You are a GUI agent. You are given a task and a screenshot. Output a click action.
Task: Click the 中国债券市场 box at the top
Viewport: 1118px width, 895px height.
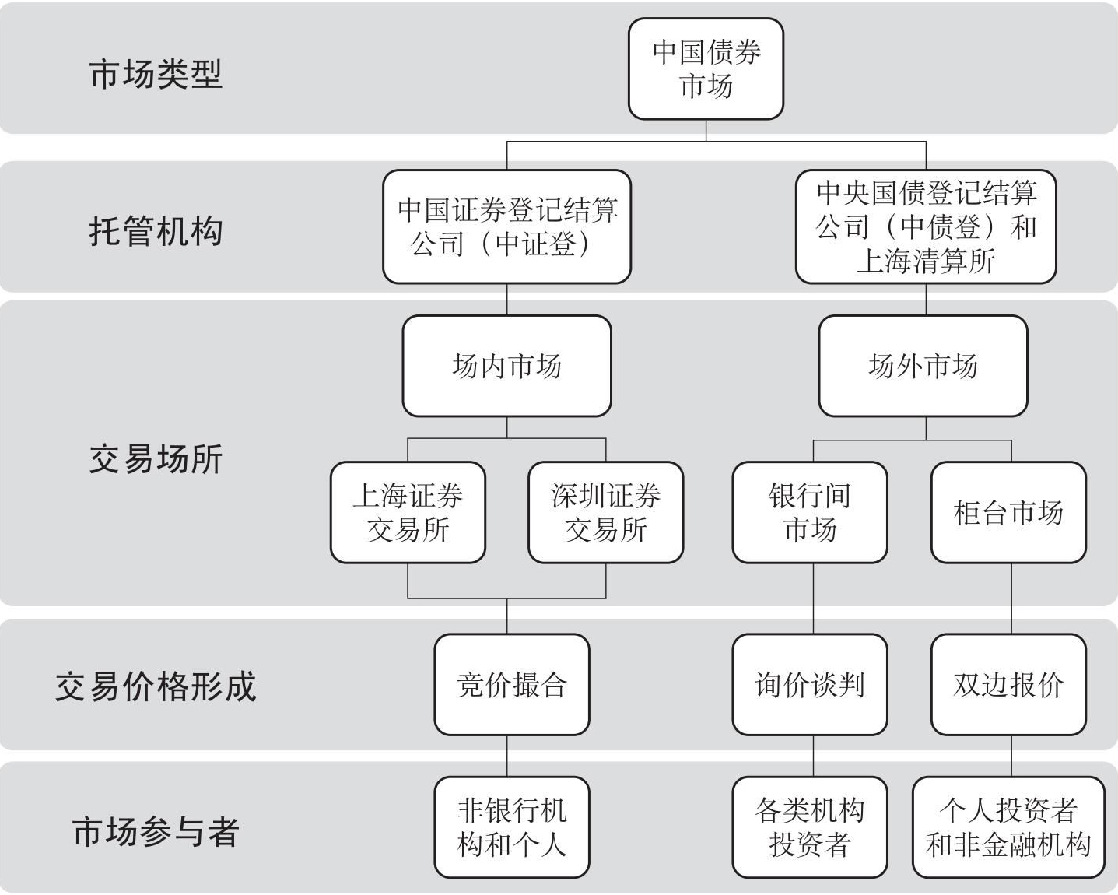(x=706, y=68)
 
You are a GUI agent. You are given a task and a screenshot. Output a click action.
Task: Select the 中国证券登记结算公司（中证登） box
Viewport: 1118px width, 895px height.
(x=507, y=226)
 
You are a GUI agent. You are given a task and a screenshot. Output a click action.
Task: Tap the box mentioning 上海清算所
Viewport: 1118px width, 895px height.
(x=926, y=226)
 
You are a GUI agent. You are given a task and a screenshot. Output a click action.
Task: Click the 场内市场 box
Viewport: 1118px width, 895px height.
(x=507, y=366)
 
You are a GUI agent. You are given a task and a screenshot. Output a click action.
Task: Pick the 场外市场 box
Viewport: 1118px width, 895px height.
(x=923, y=366)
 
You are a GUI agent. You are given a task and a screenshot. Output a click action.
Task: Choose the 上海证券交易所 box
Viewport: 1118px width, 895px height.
(x=408, y=512)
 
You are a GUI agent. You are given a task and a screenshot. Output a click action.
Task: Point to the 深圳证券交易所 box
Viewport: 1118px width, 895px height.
(x=606, y=512)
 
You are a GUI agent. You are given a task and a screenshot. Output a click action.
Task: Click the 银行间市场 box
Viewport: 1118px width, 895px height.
(x=810, y=512)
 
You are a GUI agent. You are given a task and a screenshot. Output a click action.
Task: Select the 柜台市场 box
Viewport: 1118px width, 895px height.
(x=1008, y=512)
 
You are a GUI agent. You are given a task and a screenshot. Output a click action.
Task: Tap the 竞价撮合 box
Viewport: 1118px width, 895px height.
(x=512, y=685)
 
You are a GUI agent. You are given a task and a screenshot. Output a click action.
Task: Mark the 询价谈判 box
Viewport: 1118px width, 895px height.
(x=810, y=685)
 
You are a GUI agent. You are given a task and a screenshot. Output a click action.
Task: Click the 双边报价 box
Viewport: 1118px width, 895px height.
(x=1008, y=685)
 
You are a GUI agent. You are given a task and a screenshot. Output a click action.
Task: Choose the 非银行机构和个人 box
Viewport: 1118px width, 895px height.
(x=512, y=827)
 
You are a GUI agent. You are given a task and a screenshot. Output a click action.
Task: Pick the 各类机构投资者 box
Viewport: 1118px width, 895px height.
(x=810, y=827)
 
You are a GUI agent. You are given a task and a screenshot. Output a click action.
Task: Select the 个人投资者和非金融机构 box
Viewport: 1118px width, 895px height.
(x=1008, y=827)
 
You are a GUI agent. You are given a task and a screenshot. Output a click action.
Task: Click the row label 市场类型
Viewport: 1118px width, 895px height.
(x=156, y=74)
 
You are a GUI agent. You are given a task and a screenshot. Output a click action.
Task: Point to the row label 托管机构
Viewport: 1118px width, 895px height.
(x=156, y=231)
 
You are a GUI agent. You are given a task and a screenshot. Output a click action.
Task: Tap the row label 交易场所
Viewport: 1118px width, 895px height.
(x=156, y=459)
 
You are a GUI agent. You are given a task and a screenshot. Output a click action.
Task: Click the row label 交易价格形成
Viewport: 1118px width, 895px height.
(x=156, y=686)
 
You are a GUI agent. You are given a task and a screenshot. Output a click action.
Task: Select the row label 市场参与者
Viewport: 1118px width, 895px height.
(x=156, y=832)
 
